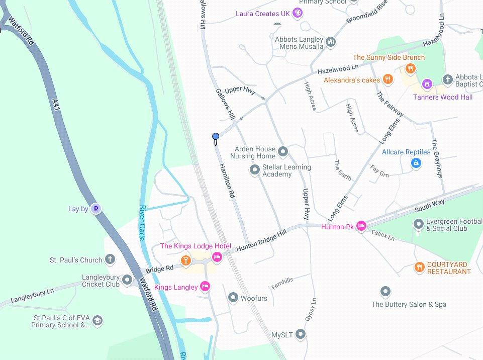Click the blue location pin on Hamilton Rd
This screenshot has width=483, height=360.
coord(216,137)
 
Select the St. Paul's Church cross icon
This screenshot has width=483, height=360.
coord(110,260)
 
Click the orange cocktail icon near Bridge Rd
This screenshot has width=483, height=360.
coord(186,260)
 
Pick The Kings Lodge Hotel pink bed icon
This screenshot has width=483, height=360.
coord(217,257)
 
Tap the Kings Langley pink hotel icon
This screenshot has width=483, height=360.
coord(205,287)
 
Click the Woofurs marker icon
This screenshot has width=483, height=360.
coord(233,298)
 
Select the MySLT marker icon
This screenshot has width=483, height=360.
coord(301,334)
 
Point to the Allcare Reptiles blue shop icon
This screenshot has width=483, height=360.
coord(416,163)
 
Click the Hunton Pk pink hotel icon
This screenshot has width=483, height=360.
coord(361,227)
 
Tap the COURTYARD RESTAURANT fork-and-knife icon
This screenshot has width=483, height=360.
coord(419,267)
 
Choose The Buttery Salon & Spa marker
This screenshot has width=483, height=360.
coord(385,292)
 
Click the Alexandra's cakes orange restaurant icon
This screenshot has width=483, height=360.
coord(387,79)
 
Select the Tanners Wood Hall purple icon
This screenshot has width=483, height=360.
coord(427,83)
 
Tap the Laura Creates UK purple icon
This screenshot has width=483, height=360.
coord(298,13)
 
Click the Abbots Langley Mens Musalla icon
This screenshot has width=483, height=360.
coord(330,42)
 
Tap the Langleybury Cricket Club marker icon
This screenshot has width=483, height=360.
coord(127,280)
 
